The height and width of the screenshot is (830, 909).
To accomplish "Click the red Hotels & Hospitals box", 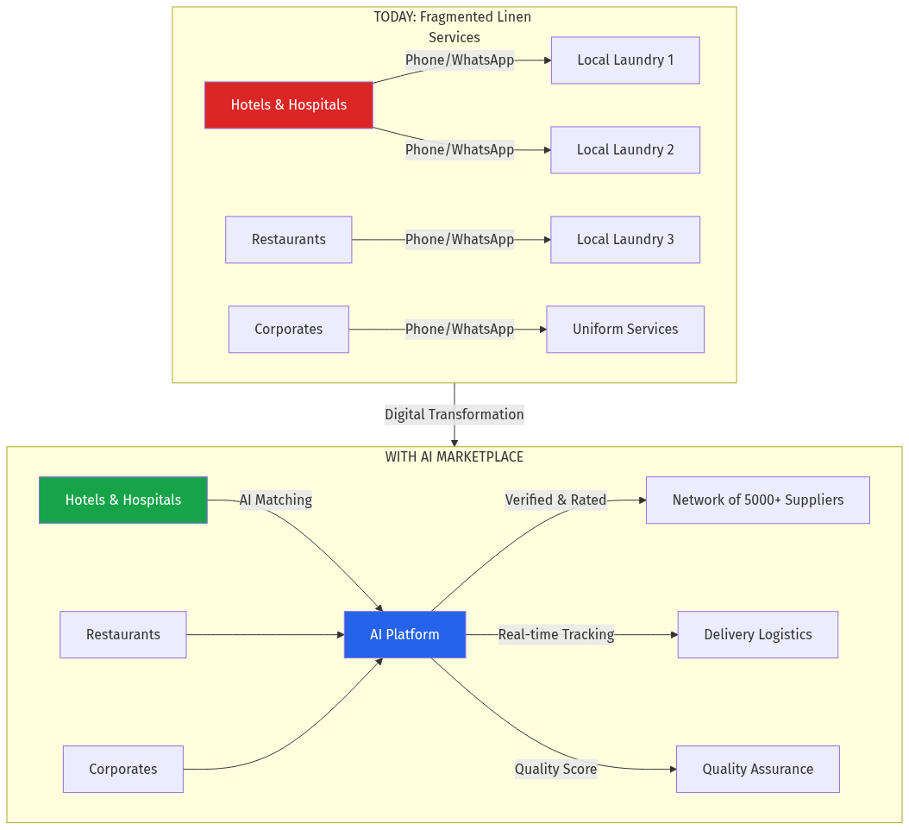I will [288, 105].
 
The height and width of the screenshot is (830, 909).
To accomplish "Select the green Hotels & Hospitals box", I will [123, 500].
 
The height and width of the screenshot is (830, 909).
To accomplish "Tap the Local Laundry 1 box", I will [625, 60].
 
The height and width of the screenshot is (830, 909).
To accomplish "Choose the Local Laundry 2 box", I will [625, 150].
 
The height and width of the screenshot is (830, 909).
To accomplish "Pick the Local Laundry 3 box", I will [625, 240].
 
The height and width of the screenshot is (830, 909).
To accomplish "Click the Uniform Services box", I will [625, 330].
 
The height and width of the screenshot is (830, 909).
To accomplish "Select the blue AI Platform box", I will [404, 635].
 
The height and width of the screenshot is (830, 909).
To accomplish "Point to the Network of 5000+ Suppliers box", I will [757, 500].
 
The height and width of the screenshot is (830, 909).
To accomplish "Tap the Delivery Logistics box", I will [757, 635].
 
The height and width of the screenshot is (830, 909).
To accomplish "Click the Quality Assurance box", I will [757, 770].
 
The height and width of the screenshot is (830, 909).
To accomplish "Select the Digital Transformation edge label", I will [454, 415].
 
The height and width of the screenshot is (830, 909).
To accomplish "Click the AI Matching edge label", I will [275, 500].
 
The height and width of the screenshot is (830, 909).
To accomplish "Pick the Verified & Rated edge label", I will [555, 500].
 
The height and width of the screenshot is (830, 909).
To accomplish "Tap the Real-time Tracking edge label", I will [555, 635].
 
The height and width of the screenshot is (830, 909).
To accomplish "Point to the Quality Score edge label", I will [555, 770].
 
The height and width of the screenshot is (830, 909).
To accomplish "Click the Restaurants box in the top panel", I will [288, 240].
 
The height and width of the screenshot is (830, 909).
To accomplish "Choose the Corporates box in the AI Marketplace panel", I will [123, 770].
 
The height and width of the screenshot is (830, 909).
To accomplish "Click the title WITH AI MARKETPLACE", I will [454, 457].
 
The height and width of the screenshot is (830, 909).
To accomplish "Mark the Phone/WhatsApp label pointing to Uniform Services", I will [459, 330].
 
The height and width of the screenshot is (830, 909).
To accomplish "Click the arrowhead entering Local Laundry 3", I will [546, 240].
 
